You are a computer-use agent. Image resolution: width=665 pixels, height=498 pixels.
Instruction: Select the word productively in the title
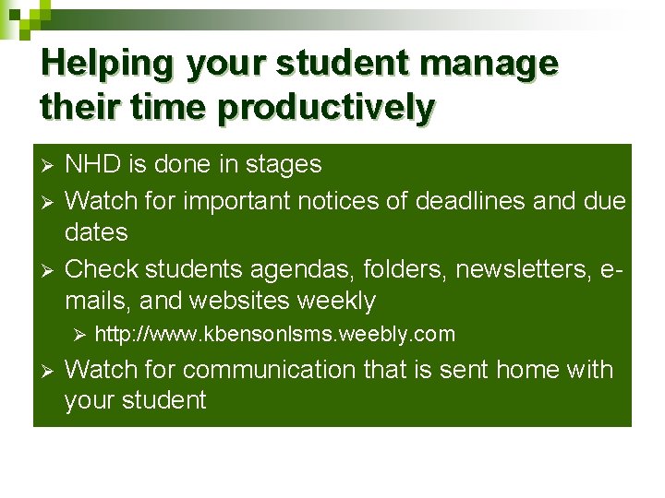point(325,108)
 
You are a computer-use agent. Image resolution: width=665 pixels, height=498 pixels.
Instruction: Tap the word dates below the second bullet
point(96,232)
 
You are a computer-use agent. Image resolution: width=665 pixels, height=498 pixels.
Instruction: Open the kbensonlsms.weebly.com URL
point(274,334)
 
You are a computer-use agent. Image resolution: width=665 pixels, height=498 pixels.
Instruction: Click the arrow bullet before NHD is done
point(50,166)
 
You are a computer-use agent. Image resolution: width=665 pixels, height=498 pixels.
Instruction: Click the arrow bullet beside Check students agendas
point(50,270)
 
